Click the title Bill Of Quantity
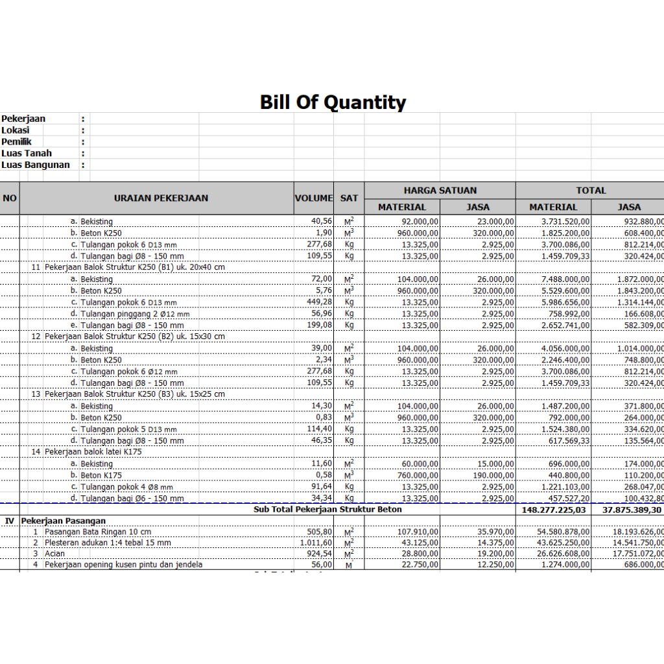tap(333, 102)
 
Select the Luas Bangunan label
tap(36, 165)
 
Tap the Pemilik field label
tap(17, 141)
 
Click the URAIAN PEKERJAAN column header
tap(161, 198)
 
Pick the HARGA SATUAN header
tap(440, 191)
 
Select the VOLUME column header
tap(314, 198)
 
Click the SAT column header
tap(349, 198)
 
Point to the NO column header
tap(10, 198)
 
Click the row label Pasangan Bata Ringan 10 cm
tap(97, 532)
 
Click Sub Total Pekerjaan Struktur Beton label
tap(327, 510)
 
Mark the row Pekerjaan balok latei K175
tap(93, 451)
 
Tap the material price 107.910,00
tap(418, 532)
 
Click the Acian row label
tap(54, 554)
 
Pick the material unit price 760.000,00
tap(418, 475)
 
